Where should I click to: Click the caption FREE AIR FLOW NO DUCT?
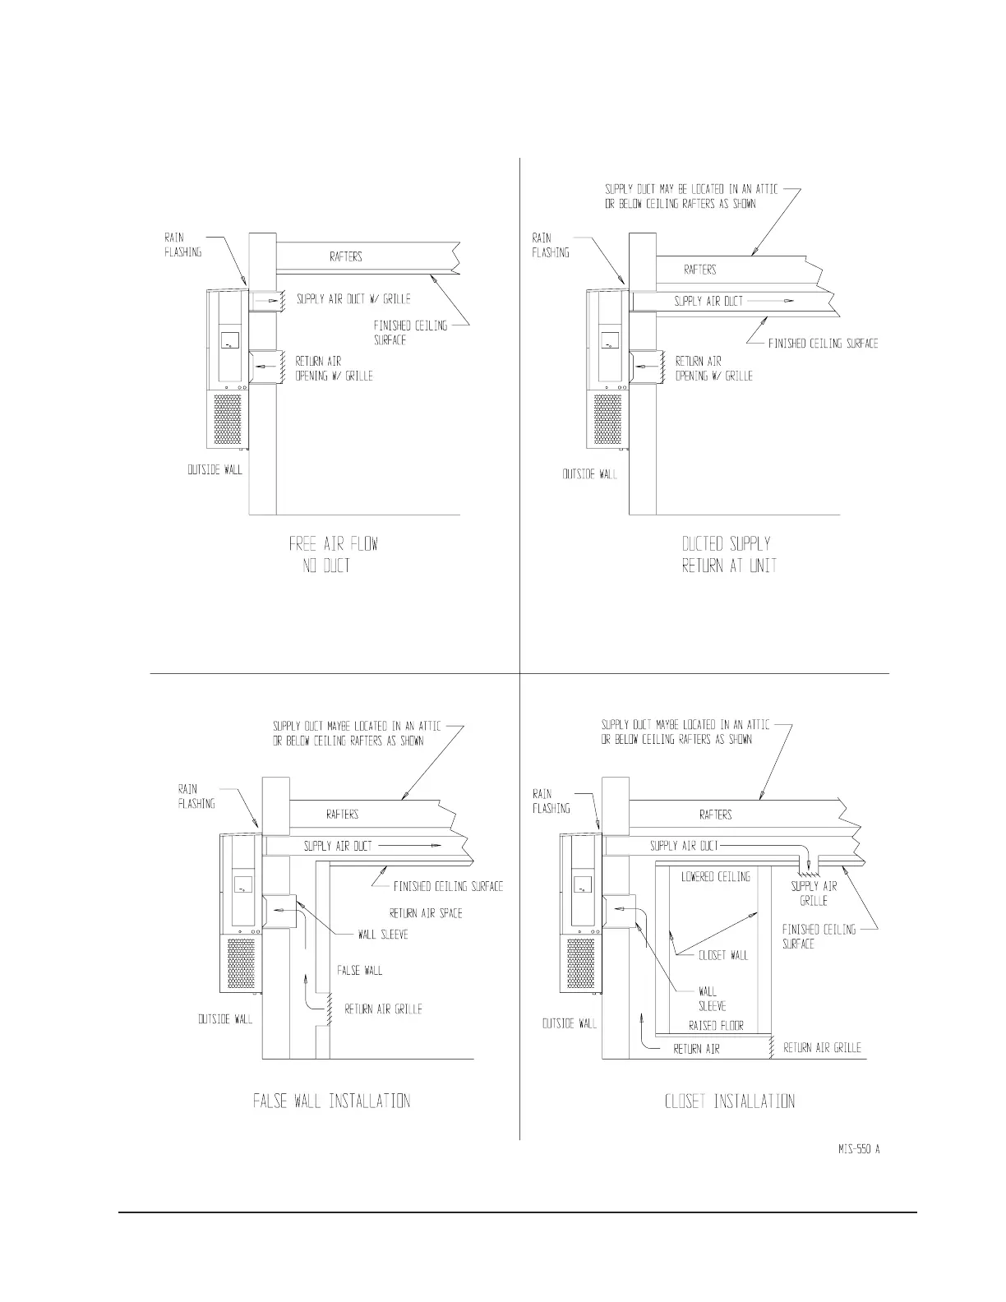coord(333,554)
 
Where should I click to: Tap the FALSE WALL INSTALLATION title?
coord(331,1101)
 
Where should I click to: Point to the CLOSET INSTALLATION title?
coord(729,1101)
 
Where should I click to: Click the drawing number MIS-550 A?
coord(853,1149)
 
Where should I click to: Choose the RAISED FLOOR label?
coord(715,1026)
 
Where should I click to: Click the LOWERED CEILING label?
coord(715,877)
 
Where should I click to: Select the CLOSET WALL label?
coord(723,955)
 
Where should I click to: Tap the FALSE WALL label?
coord(359,970)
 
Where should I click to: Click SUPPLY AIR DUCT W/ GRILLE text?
coord(353,299)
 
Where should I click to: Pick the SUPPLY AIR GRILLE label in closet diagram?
coord(814,893)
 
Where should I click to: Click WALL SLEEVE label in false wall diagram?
coord(383,935)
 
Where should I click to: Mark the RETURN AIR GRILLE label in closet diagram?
coord(822,1048)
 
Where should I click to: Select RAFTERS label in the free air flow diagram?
coord(345,256)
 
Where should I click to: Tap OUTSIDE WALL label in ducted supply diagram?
coord(589,474)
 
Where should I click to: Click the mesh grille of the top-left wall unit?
coord(229,420)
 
